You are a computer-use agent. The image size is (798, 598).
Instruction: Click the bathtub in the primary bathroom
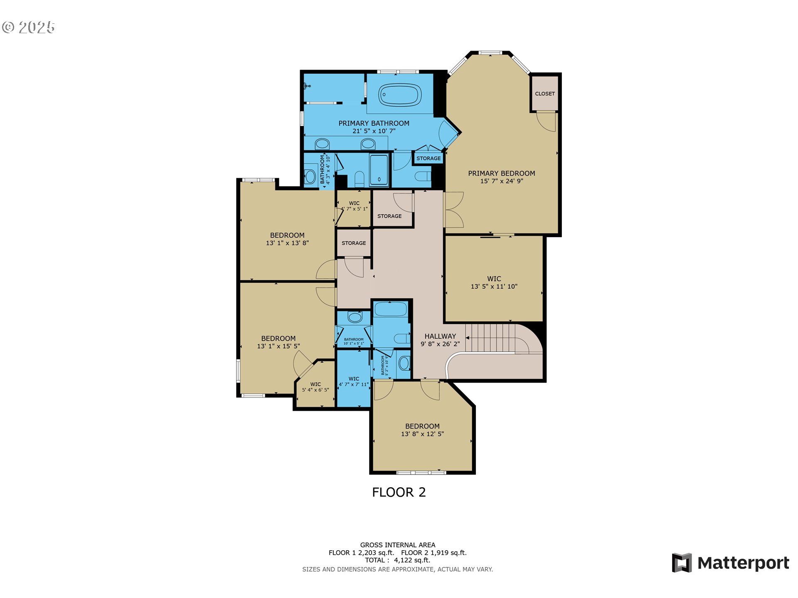(x=400, y=95)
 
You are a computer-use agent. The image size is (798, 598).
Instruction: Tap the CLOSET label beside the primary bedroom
(x=544, y=94)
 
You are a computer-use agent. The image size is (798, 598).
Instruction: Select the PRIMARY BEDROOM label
(x=501, y=174)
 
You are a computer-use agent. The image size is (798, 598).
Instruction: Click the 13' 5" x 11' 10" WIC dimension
(x=494, y=287)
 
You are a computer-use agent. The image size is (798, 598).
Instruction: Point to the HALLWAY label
(x=440, y=336)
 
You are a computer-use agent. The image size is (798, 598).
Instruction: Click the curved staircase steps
(x=495, y=337)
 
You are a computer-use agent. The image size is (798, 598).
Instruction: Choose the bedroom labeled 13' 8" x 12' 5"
(x=422, y=430)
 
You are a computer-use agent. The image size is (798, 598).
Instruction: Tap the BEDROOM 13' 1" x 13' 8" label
(x=287, y=239)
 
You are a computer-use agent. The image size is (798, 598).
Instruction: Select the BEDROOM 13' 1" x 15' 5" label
(x=278, y=342)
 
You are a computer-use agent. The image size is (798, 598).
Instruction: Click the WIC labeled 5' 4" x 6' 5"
(x=315, y=387)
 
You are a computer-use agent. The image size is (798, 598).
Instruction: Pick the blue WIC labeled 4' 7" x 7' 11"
(x=354, y=381)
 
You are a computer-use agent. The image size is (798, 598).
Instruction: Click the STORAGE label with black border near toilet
(x=429, y=158)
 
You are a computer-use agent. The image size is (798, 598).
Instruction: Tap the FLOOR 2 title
(x=399, y=493)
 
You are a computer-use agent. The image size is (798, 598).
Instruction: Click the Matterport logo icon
(x=682, y=563)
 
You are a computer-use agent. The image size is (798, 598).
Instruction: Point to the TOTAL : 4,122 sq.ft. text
(x=397, y=560)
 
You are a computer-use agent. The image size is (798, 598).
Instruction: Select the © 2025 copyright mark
(x=28, y=27)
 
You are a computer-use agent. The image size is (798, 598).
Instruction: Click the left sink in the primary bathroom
(x=322, y=144)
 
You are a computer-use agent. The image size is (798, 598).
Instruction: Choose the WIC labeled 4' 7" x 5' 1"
(x=354, y=206)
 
